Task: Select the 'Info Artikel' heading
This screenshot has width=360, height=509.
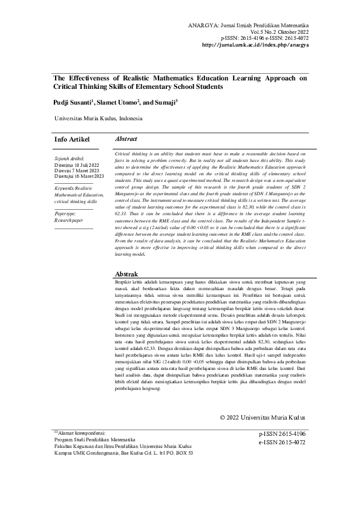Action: point(72,140)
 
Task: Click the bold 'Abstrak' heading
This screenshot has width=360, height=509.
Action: point(126,274)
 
